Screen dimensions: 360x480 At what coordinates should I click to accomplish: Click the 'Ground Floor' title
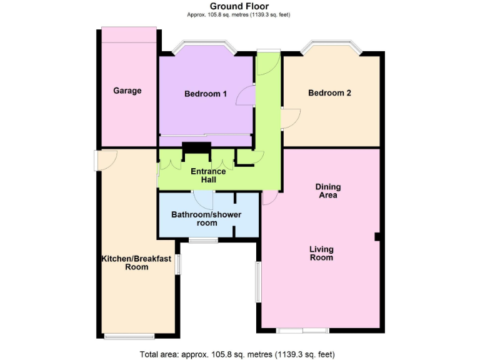239,6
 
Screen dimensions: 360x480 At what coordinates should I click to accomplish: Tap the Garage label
127,91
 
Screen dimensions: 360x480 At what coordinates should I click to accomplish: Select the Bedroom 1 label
205,94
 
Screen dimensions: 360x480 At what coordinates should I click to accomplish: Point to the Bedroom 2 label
329,93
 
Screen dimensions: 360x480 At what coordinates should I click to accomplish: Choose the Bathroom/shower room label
206,219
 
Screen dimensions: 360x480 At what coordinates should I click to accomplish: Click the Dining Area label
327,191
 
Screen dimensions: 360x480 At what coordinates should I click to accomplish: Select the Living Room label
321,253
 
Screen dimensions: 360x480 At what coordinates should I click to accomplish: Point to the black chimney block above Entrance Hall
196,147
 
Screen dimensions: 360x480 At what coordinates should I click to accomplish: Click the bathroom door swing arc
204,201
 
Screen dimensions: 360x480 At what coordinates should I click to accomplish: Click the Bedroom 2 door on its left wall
291,117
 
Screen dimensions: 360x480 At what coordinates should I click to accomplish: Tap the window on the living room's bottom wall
303,329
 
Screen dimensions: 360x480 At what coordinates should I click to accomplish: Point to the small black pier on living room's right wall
377,236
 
